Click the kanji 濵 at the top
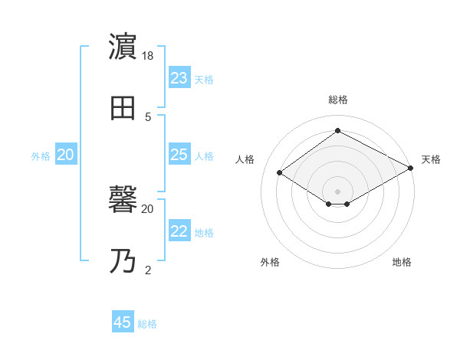[x=123, y=48]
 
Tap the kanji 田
[x=123, y=108]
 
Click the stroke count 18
[x=149, y=57]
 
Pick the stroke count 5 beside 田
[x=148, y=116]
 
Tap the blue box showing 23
[x=179, y=78]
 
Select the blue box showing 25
[x=179, y=155]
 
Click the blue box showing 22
[x=179, y=232]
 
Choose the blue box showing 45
[x=123, y=322]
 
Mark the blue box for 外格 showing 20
[x=65, y=155]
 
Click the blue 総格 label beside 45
[x=147, y=324]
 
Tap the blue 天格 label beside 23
[x=204, y=80]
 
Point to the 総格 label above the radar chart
[x=337, y=100]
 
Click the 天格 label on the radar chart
[x=431, y=159]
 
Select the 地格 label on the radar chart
[x=402, y=262]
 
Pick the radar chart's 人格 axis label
[x=245, y=159]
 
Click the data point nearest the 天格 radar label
[x=411, y=169]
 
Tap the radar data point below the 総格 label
[x=337, y=130]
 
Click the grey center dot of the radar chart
[x=337, y=191]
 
